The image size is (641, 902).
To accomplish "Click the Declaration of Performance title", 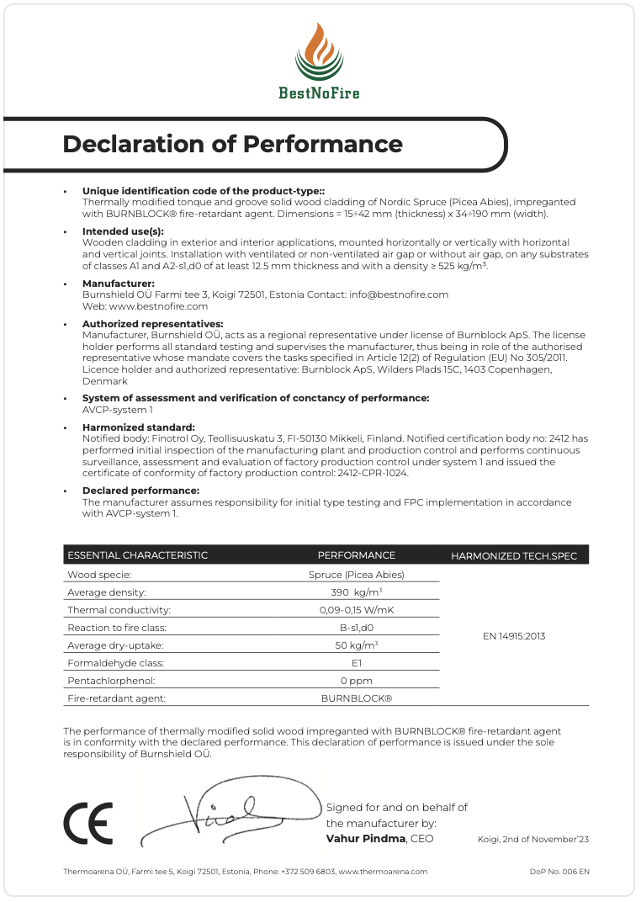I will [x=233, y=144].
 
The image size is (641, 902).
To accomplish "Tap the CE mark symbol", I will [x=88, y=824].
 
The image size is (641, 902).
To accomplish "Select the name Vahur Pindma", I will [x=365, y=839].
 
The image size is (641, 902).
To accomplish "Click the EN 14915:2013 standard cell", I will [x=513, y=636].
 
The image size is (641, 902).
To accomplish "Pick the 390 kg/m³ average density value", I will [x=356, y=592].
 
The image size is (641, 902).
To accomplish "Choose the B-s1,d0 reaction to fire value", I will [x=356, y=628].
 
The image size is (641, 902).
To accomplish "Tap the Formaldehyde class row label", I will [x=111, y=663].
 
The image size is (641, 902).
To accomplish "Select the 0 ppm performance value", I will [x=356, y=681].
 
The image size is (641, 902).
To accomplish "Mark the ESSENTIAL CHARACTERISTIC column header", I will [x=137, y=555].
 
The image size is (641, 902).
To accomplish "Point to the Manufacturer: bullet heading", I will [x=119, y=284].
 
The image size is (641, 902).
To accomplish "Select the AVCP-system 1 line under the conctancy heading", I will [x=118, y=410].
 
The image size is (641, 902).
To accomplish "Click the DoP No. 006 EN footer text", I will [x=559, y=872].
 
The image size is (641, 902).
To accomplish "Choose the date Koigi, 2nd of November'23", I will [x=533, y=840].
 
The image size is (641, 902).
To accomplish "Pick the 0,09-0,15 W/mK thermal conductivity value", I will [x=356, y=610].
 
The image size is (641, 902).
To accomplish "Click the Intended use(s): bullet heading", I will [x=123, y=231].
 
